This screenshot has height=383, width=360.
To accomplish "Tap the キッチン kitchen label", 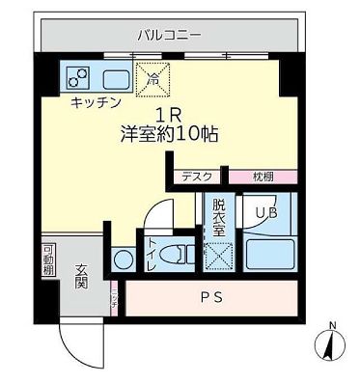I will [x=95, y=100].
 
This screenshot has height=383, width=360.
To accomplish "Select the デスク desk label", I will [x=199, y=177].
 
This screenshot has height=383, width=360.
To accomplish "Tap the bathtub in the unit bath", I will [x=268, y=255].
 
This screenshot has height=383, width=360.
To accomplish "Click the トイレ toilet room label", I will [x=151, y=255].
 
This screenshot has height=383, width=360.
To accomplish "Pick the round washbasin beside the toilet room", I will [x=123, y=260].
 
